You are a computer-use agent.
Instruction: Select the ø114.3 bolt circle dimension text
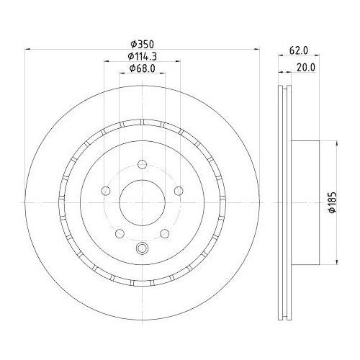[x=142, y=55]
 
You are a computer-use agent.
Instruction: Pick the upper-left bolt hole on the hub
[x=106, y=191]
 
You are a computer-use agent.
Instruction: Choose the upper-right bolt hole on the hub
[x=178, y=191]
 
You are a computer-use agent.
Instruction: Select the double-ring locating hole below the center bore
[x=142, y=249]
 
